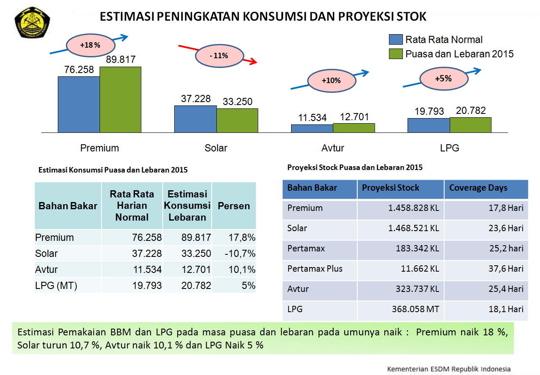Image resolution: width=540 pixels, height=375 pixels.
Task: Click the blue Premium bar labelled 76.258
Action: coord(79,104)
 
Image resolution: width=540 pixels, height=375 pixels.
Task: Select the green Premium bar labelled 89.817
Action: coord(120,100)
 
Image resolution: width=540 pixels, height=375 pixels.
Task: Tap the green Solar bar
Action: coord(237,120)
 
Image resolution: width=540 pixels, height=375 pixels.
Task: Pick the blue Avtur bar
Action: coord(312,128)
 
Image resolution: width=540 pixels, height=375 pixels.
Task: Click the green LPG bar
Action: coord(470,125)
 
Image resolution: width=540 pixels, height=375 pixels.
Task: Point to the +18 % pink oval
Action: coord(90,45)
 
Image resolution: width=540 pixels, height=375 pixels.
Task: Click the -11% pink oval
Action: coord(219,55)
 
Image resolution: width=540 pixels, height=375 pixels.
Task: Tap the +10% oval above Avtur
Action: coord(331,81)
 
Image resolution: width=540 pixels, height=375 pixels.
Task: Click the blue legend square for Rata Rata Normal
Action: coord(395,40)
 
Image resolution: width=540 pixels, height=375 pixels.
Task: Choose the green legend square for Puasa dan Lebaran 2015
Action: coord(395,54)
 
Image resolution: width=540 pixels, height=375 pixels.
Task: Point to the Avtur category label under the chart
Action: coord(332,148)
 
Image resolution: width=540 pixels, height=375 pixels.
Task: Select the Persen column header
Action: coord(234,206)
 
